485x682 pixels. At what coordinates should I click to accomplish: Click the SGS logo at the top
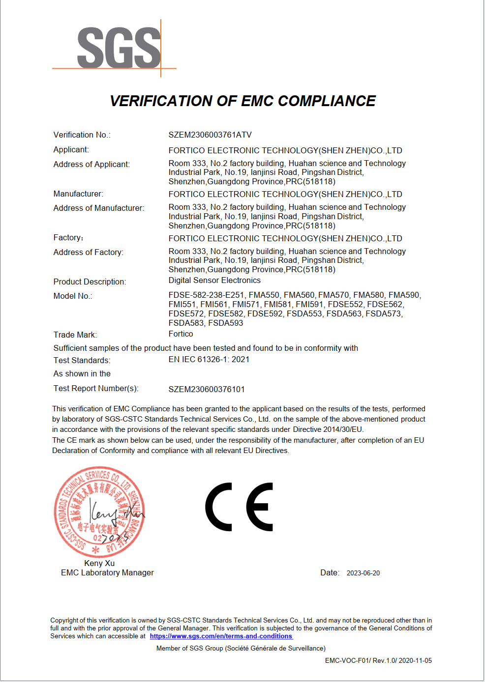(x=119, y=48)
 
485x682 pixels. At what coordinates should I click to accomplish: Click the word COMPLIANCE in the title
(x=327, y=101)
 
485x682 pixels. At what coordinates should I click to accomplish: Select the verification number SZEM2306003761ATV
(x=210, y=135)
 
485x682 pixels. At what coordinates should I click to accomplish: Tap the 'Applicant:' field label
(x=71, y=149)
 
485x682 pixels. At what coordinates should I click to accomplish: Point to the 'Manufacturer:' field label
(x=78, y=194)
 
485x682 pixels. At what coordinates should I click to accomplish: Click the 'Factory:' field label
(x=68, y=238)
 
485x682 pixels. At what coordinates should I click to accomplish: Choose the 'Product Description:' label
(x=90, y=282)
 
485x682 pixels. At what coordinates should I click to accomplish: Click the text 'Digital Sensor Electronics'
(x=214, y=280)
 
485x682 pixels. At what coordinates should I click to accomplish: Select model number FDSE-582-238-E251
(x=206, y=295)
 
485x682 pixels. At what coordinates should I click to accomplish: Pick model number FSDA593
(x=226, y=323)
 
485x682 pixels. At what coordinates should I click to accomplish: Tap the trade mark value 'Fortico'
(x=181, y=334)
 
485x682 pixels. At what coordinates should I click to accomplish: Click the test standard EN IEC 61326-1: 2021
(x=209, y=359)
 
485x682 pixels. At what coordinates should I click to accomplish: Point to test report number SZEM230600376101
(x=207, y=389)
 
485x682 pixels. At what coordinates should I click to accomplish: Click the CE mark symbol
(x=239, y=507)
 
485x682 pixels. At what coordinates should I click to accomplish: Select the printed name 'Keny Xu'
(x=99, y=563)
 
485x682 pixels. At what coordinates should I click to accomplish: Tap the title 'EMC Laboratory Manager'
(x=107, y=572)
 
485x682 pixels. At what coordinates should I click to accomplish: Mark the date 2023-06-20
(x=363, y=573)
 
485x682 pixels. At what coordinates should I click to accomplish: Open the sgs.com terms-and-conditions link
(x=221, y=636)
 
